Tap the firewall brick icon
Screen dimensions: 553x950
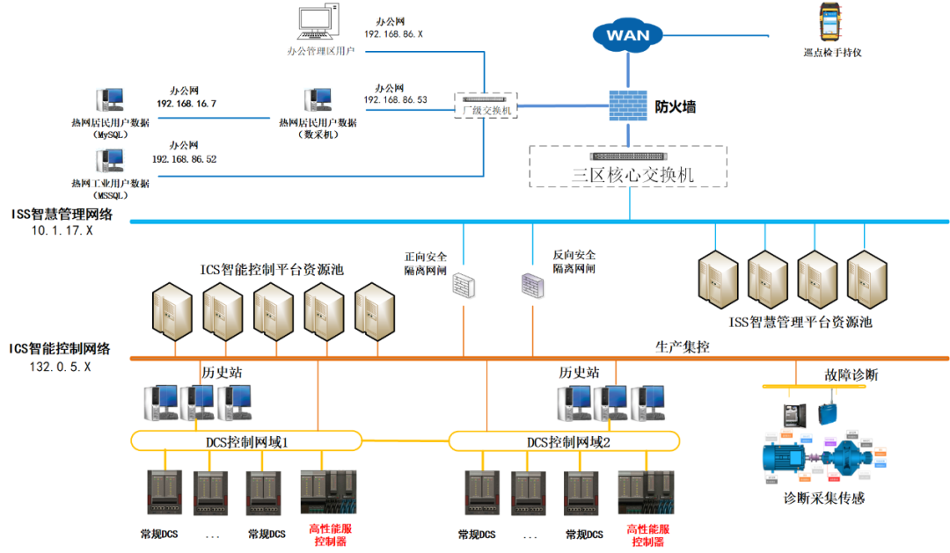click(628, 106)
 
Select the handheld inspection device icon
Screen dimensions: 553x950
click(830, 23)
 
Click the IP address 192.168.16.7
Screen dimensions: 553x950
click(186, 104)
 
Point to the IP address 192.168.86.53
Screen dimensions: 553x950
click(395, 100)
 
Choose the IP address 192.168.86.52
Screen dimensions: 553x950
click(184, 159)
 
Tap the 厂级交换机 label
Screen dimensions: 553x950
click(486, 110)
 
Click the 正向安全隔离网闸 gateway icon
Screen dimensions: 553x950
click(464, 284)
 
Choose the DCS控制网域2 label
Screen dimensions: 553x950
click(568, 441)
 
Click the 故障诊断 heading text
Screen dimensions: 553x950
click(851, 375)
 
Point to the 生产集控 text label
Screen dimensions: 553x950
click(683, 346)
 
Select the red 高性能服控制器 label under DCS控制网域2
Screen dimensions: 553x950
click(648, 535)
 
